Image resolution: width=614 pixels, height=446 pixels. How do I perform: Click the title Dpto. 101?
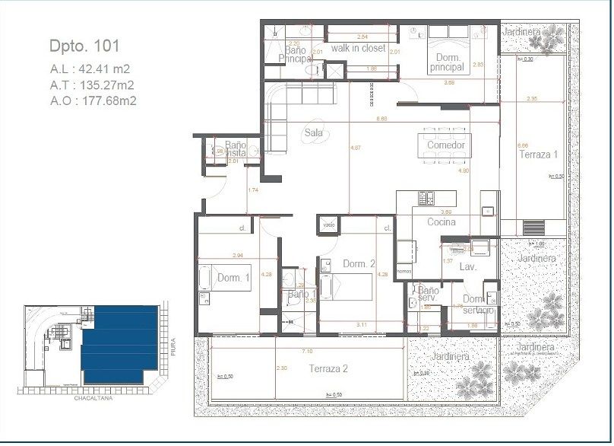tap(84, 46)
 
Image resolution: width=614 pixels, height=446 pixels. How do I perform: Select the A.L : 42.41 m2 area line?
tap(90, 68)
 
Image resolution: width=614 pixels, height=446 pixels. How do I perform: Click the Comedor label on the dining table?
tap(445, 145)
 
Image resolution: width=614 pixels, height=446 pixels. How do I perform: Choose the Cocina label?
tap(441, 222)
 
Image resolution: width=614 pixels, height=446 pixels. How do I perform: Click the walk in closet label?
tap(358, 48)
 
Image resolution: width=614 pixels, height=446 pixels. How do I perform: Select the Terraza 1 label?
tap(538, 155)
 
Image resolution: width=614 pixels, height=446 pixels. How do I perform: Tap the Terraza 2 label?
tap(328, 368)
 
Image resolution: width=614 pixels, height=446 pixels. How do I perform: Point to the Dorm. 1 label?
tap(233, 279)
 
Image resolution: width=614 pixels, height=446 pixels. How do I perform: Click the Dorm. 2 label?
tap(359, 264)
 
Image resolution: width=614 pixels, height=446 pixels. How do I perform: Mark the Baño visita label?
tap(235, 148)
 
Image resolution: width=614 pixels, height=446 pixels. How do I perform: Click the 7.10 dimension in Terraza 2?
tap(307, 352)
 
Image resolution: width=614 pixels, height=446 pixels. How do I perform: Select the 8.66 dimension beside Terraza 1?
tap(522, 145)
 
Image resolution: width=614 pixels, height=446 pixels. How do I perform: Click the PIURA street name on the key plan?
tap(173, 349)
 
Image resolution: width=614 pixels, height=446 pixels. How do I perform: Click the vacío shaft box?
tap(328, 225)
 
